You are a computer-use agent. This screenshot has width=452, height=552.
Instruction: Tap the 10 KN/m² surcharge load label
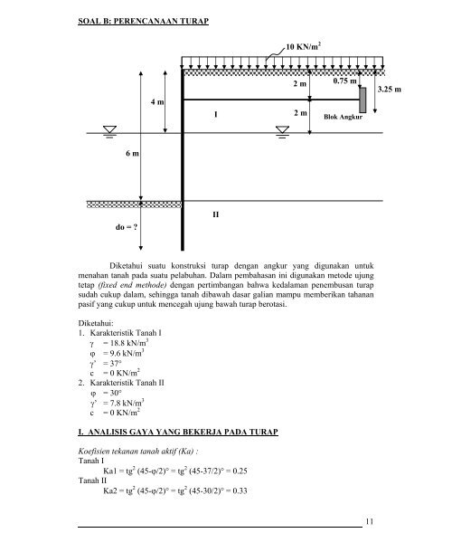304,45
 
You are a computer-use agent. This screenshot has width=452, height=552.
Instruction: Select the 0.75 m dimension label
345,81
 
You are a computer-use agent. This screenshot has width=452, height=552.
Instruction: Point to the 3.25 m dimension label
390,90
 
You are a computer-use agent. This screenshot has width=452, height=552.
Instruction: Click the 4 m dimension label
157,103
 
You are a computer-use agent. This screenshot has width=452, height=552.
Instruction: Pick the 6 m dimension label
132,155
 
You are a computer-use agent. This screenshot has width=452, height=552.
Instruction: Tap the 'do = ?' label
126,228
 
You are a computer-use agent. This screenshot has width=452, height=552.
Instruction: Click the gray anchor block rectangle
363,100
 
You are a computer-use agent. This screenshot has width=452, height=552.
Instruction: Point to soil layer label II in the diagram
215,215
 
